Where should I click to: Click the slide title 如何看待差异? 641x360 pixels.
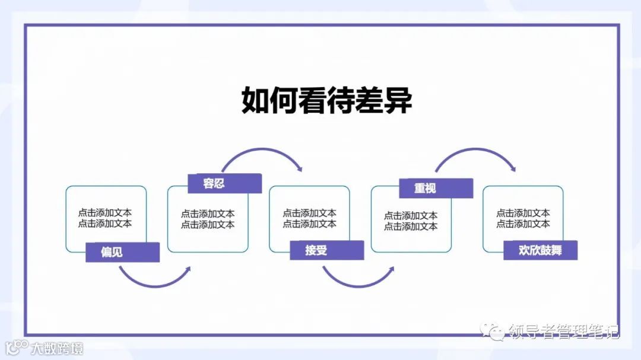point(326,101)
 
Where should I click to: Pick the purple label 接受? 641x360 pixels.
point(316,250)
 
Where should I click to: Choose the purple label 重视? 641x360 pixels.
point(425,188)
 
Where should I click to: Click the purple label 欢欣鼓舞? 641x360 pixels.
point(540,250)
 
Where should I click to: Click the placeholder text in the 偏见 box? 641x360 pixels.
point(105,218)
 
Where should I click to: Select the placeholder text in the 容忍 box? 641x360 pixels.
point(208,219)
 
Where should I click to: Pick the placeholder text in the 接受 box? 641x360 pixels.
point(309,218)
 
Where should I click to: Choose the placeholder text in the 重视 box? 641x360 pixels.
point(411,221)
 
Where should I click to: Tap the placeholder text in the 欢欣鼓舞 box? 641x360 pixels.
point(523,218)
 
